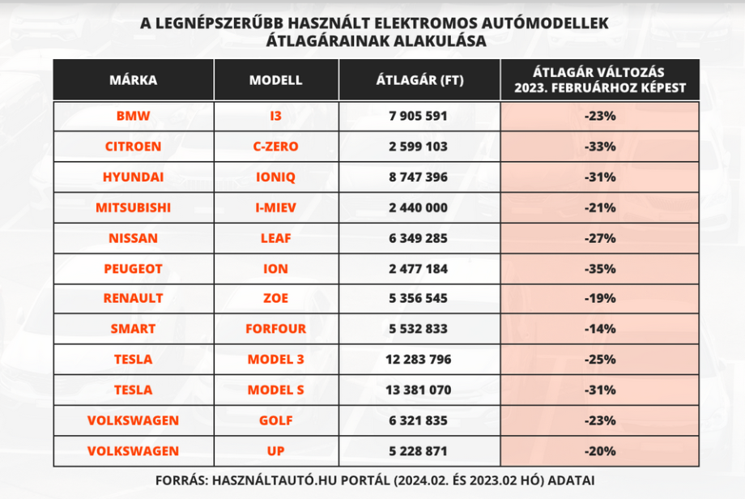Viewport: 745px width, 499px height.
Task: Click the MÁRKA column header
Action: click(133, 80)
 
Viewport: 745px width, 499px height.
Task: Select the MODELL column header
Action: click(275, 80)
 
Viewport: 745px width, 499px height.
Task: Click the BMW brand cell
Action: click(133, 117)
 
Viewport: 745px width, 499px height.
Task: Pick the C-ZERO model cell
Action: click(275, 147)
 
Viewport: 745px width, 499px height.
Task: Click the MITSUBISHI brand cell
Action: click(133, 207)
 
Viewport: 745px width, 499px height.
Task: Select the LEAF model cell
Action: click(275, 238)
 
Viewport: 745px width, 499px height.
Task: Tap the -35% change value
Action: click(600, 268)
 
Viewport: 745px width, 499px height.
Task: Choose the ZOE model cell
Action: click(275, 298)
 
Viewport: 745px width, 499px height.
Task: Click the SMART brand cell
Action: click(133, 329)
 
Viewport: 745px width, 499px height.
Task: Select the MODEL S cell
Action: click(275, 390)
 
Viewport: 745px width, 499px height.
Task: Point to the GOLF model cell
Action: click(275, 420)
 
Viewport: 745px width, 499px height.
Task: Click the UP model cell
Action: click(275, 450)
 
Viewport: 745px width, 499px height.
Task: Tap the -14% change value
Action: click(600, 329)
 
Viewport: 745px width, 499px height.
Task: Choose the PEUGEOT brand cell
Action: click(133, 268)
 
